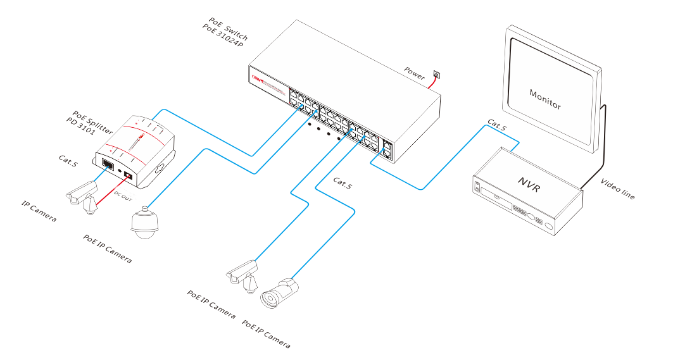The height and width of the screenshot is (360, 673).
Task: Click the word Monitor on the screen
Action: [545, 99]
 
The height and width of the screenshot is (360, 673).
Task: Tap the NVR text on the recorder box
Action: [529, 182]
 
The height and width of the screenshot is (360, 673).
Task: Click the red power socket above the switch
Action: [436, 75]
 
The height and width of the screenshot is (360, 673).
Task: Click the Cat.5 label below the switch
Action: [343, 183]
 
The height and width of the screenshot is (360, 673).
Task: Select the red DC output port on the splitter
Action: [129, 175]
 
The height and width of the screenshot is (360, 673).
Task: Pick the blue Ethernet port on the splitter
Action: [108, 166]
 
